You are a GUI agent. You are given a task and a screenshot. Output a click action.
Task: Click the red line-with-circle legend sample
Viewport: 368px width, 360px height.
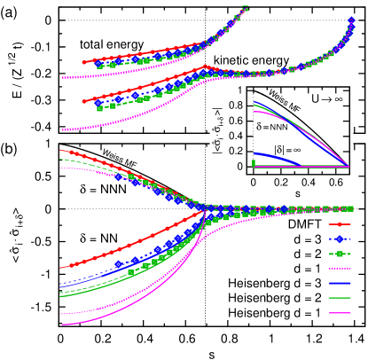tap(341, 224)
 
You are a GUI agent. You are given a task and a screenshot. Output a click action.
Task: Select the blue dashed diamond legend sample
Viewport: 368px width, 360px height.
tap(341, 239)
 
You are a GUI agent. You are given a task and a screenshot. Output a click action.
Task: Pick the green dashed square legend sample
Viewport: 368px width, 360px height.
tap(341, 254)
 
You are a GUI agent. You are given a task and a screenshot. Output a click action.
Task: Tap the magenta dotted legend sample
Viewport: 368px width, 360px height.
tap(341, 269)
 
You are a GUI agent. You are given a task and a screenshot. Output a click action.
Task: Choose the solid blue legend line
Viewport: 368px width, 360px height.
tap(341, 283)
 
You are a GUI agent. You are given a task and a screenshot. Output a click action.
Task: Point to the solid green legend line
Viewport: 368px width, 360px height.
tap(341, 298)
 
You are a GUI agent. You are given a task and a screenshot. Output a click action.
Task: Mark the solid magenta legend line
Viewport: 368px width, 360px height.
tap(341, 312)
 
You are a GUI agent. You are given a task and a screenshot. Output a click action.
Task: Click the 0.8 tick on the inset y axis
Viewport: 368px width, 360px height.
tap(236, 106)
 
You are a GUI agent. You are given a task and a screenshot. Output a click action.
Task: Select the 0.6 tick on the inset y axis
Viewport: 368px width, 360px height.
tap(236, 121)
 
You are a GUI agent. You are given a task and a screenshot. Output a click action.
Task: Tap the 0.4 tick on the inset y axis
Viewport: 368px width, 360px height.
tap(236, 136)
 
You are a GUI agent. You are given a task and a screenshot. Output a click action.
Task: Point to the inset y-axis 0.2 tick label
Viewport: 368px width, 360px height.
tap(236, 151)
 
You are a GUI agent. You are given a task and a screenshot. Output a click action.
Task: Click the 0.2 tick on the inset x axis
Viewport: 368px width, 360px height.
tap(282, 182)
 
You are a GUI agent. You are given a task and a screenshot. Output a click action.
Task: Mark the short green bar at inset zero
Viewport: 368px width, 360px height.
tap(254, 163)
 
